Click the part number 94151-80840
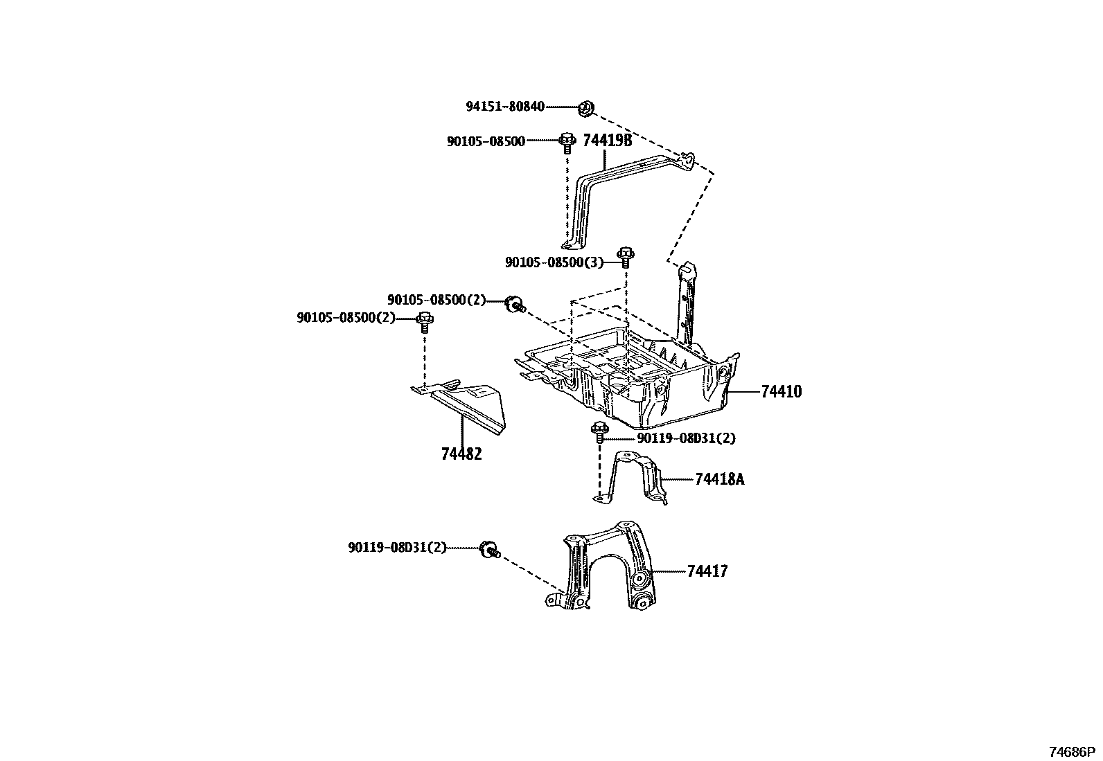504,107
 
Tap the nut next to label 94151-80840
586,107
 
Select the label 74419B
608,141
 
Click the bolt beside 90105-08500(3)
625,257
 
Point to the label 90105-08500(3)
554,262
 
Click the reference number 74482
461,454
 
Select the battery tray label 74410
781,392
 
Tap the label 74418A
719,479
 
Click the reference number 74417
707,571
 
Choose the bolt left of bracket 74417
489,550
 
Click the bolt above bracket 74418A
599,431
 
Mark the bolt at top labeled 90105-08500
567,143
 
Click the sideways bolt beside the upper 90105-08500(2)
515,303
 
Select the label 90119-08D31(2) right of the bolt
686,438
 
